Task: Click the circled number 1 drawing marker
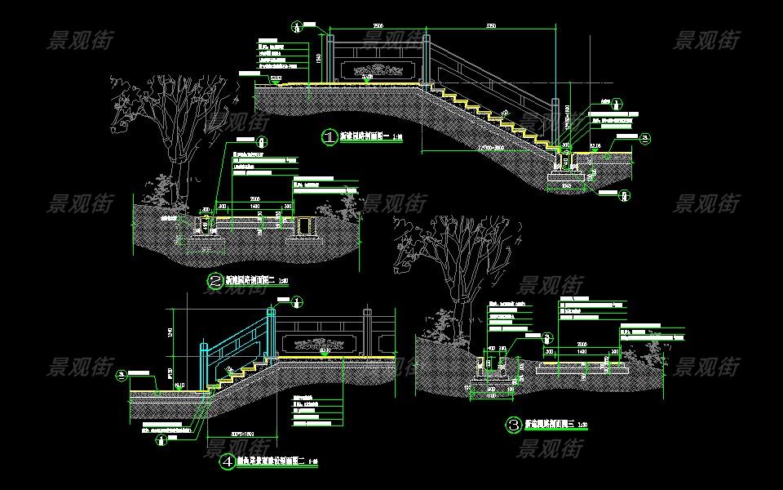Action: click(329, 137)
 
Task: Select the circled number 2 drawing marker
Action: click(215, 282)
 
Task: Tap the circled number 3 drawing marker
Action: click(514, 425)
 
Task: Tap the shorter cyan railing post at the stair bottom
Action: click(204, 367)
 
